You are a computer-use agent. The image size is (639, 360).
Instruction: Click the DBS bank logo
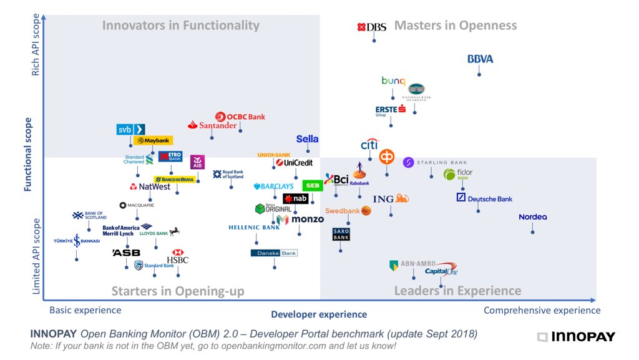point(372,27)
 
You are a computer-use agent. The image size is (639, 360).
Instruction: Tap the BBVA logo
point(480,59)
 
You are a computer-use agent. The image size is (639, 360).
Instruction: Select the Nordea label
point(532,217)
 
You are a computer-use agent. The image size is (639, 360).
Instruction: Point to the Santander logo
point(213,125)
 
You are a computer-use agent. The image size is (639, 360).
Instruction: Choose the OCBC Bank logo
point(240,117)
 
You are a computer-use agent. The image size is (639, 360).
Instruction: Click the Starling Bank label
point(435,163)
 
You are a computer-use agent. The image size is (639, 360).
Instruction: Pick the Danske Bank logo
point(274,253)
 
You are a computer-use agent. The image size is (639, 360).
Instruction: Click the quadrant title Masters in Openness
point(456,26)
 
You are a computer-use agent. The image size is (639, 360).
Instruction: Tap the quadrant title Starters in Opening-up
point(178,291)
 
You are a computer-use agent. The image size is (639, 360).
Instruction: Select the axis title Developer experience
point(319,314)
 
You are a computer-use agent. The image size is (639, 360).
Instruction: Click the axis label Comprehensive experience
point(542,310)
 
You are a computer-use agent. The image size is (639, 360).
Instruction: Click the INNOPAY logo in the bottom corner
point(576,337)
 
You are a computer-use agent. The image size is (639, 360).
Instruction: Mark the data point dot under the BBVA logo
point(479,75)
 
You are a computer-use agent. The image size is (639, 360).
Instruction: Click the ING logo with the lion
point(391,199)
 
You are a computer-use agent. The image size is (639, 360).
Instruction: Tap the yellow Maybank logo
point(152,141)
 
